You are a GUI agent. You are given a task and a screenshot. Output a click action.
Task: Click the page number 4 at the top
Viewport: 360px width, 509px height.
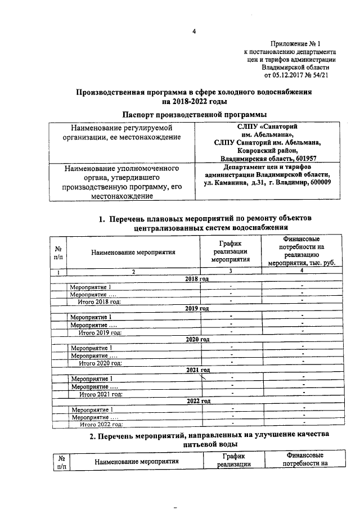193,31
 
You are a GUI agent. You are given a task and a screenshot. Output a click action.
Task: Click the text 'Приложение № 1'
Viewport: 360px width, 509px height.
295,43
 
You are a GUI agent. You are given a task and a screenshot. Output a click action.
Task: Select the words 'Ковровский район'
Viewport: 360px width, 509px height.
263,151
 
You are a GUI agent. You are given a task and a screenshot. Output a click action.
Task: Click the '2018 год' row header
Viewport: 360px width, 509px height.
197,279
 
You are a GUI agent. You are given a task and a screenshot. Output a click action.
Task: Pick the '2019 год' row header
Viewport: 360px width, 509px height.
197,309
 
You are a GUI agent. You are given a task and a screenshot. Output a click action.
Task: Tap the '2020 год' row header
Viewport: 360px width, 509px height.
197,339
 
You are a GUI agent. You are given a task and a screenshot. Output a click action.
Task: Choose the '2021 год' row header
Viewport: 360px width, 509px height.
197,370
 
